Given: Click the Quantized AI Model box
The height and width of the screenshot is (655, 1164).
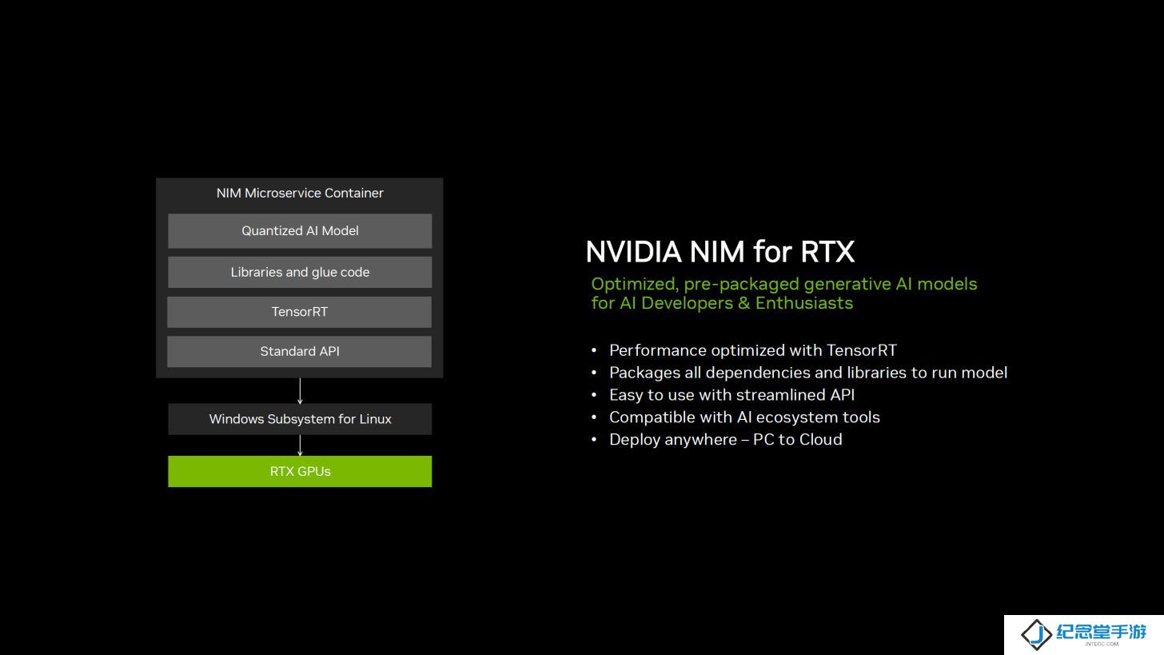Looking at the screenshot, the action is tap(300, 231).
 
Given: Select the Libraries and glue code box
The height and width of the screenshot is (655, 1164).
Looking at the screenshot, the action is tap(300, 272).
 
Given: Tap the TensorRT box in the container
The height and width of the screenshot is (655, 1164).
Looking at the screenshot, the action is tap(299, 312).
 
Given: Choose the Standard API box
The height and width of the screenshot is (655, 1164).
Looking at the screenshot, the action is tap(299, 351).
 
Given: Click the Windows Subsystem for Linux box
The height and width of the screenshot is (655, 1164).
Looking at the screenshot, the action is tap(300, 419).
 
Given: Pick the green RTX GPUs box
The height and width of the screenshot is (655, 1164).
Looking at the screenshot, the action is tap(300, 472).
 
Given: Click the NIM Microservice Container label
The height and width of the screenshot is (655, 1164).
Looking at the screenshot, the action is tap(300, 193).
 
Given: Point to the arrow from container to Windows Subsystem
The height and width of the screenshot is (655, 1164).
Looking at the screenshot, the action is tap(300, 391).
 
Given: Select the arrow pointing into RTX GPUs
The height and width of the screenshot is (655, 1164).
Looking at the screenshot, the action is tap(300, 445).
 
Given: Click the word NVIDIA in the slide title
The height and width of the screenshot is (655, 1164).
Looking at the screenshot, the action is tap(633, 252).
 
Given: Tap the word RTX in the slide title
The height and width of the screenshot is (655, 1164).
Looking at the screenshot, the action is tap(827, 252).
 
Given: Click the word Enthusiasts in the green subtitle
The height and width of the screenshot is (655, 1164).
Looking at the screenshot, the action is tap(804, 303).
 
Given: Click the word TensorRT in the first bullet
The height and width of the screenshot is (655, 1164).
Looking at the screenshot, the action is tap(862, 350).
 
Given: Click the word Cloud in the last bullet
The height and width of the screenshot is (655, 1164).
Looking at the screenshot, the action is tap(820, 440).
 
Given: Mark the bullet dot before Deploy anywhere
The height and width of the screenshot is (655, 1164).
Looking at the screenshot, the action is tap(594, 440).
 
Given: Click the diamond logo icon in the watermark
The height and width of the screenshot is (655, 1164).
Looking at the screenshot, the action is tap(1036, 634).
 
